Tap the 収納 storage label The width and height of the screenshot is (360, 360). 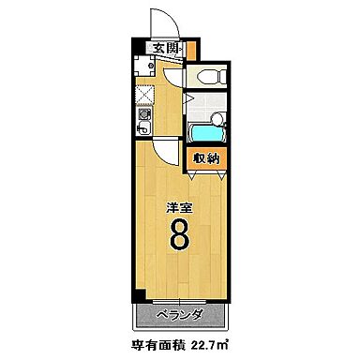coord(206,159)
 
